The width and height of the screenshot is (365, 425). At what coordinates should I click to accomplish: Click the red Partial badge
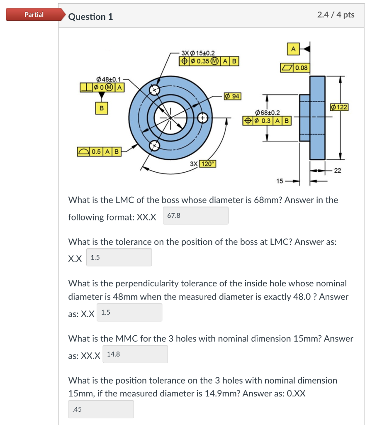34,15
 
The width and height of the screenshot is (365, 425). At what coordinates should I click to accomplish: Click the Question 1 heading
90,17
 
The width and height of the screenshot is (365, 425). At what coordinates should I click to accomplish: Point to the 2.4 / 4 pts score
336,15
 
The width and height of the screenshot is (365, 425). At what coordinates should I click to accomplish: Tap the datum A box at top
293,49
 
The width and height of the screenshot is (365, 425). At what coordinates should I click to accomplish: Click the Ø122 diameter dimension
339,107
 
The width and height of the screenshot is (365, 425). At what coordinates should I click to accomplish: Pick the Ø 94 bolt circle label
232,96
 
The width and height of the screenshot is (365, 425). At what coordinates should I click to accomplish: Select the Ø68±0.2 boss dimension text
268,112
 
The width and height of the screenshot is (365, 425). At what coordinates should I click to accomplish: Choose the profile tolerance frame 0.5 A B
99,151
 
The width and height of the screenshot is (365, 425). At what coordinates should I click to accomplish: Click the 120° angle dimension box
207,164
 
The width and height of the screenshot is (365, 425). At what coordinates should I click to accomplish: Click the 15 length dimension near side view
280,181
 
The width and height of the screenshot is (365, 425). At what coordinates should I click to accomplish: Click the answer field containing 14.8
135,354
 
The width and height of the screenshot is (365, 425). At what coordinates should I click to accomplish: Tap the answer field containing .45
101,409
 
